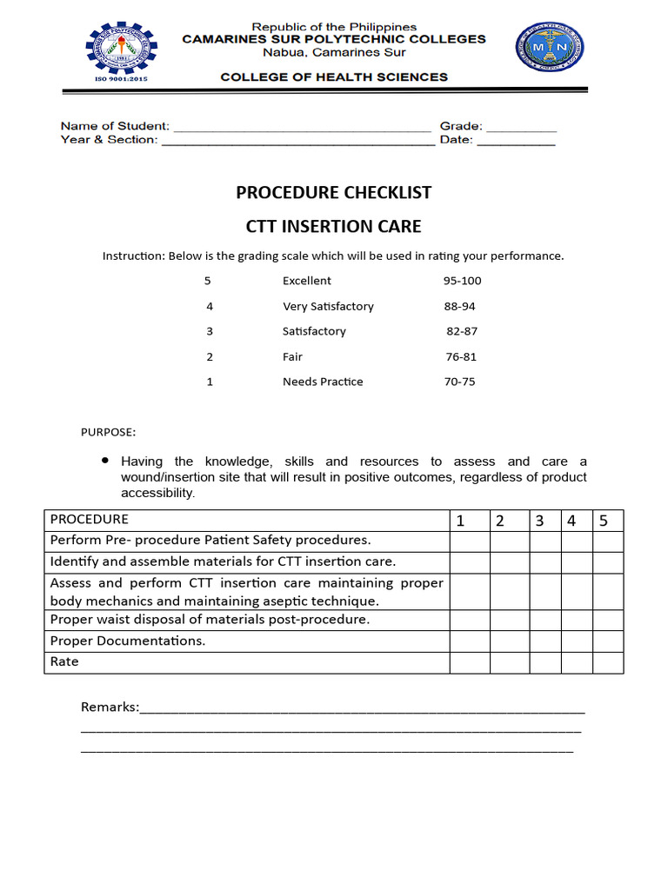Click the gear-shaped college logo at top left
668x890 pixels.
pyautogui.click(x=121, y=53)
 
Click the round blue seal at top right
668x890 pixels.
pyautogui.click(x=549, y=48)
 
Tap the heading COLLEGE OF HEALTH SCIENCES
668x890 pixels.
pyautogui.click(x=334, y=76)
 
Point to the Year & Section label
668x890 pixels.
pyautogui.click(x=109, y=140)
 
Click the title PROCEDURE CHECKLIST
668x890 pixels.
pyautogui.click(x=333, y=192)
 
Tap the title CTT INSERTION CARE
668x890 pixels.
pyautogui.click(x=333, y=227)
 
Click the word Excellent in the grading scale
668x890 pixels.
pyautogui.click(x=306, y=281)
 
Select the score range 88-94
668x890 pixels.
pyautogui.click(x=459, y=306)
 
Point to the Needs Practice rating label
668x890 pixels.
pyautogui.click(x=323, y=382)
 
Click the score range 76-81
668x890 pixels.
pyautogui.click(x=460, y=356)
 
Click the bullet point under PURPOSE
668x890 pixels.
pyautogui.click(x=105, y=460)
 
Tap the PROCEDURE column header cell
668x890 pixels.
pyautogui.click(x=246, y=520)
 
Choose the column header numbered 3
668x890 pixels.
pyautogui.click(x=539, y=521)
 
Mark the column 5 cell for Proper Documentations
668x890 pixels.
pyautogui.click(x=608, y=641)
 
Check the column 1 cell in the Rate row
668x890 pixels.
pyautogui.click(x=469, y=662)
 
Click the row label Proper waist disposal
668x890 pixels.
pyautogui.click(x=210, y=620)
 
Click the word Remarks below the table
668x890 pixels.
pyautogui.click(x=110, y=707)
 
